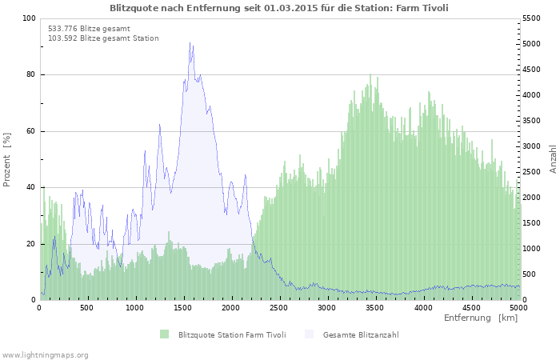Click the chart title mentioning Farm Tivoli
click(278, 7)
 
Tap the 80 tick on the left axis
click(30, 75)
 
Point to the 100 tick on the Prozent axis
click(29, 18)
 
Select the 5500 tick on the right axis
click(532, 18)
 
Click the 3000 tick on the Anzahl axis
click(532, 146)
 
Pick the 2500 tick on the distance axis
click(279, 307)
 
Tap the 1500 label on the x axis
click(183, 307)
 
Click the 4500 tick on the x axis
click(471, 307)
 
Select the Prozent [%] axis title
click(7, 159)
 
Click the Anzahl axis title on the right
click(553, 159)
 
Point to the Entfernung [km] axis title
click(481, 318)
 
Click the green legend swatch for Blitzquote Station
click(165, 334)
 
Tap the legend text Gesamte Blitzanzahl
click(361, 334)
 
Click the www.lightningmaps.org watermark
click(45, 354)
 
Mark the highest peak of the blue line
click(190, 43)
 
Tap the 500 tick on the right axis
click(530, 274)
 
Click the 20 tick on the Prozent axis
click(30, 244)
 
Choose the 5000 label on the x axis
click(518, 307)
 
